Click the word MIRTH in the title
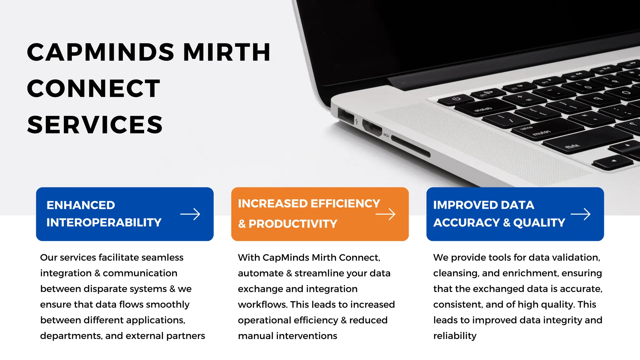coord(227,52)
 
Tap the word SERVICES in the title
coord(95,125)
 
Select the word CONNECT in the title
coord(93,88)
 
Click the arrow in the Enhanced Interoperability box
coord(190,214)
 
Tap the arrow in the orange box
coord(385,214)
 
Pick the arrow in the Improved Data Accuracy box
coord(581,214)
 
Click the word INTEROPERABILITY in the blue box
coord(104,222)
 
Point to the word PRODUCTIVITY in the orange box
coord(293,224)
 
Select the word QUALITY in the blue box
coord(539,222)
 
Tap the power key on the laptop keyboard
coord(456,100)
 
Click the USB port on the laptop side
coord(346,115)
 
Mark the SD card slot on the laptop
coord(411,146)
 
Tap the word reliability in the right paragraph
coord(455,336)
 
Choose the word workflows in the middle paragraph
coord(262,305)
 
